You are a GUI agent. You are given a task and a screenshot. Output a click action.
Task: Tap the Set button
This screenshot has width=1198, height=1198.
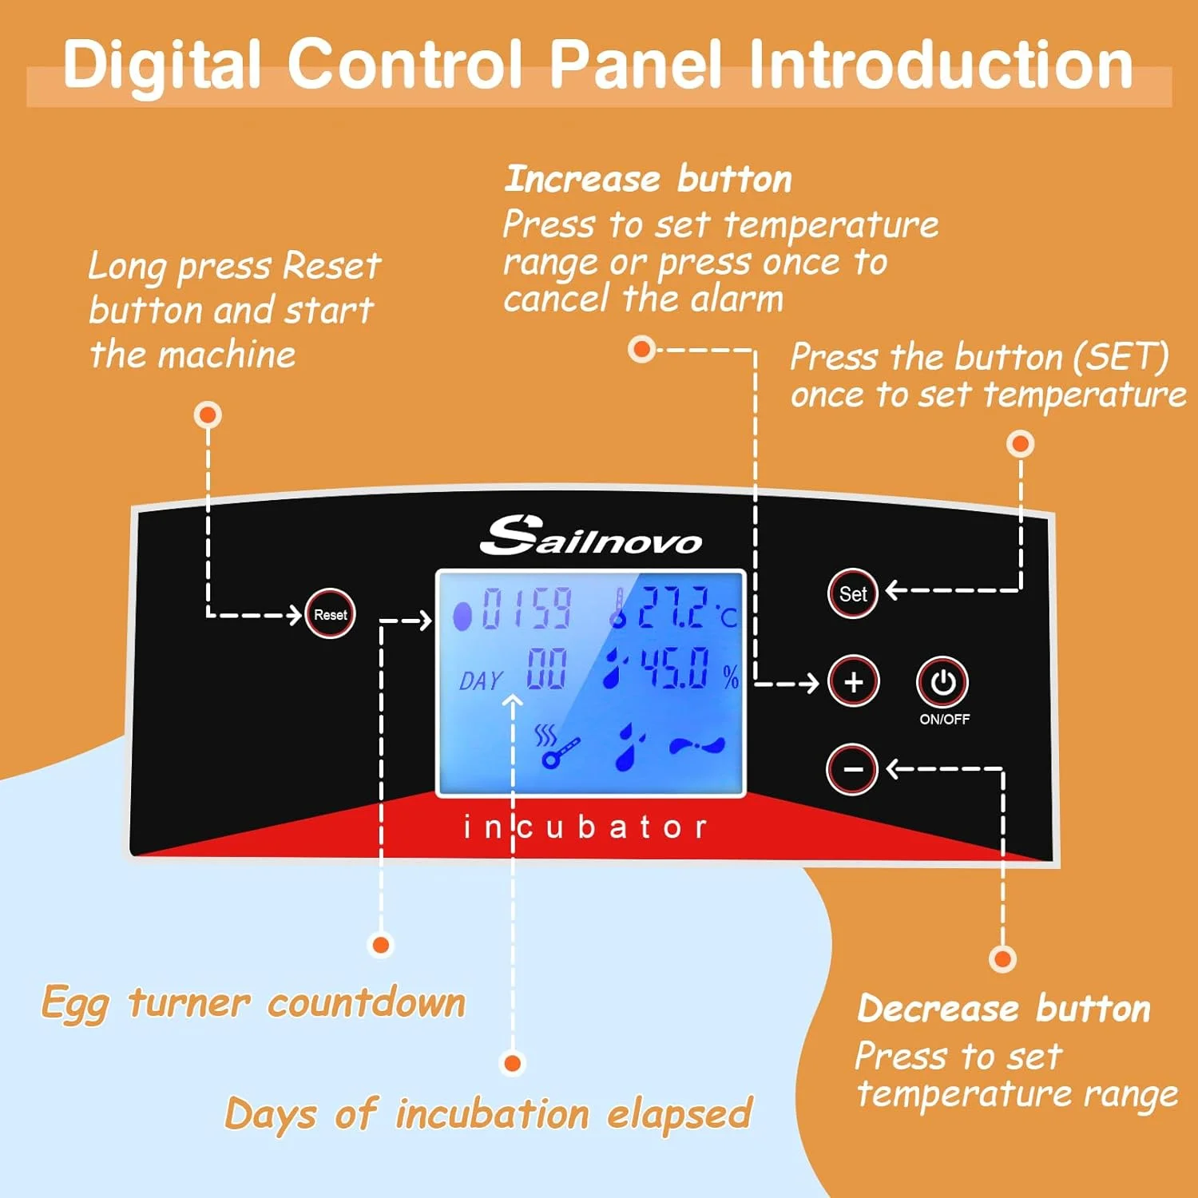pos(852,593)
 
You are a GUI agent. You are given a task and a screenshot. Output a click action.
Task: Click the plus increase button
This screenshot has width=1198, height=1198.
pos(853,682)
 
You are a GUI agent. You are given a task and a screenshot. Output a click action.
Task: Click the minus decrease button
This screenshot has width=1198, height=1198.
pos(852,769)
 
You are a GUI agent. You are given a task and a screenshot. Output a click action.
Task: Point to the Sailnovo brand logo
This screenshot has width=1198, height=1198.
pos(591,536)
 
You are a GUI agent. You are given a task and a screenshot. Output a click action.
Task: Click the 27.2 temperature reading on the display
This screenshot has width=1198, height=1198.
pos(672,608)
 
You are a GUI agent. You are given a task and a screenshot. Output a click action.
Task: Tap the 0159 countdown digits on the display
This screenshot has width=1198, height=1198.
pos(526,609)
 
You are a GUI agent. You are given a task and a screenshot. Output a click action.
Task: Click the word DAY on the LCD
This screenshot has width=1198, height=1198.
pos(481,680)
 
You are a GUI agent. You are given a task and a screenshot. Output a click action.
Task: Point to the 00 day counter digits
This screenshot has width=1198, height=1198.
pos(546,669)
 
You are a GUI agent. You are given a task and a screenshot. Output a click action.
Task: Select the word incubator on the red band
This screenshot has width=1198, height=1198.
pos(585,827)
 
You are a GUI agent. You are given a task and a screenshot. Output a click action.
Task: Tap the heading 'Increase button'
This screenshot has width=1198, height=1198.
pos(648,179)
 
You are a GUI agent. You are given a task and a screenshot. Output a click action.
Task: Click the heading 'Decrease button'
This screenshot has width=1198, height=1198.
pos(1003,1009)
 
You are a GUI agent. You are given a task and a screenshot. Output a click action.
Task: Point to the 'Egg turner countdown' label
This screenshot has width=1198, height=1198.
pos(253,1003)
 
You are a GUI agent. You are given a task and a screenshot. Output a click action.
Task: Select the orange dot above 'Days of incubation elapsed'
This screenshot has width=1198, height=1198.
pos(512,1063)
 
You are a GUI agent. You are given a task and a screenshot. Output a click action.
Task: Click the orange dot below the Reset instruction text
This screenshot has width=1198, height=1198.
pos(208,415)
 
